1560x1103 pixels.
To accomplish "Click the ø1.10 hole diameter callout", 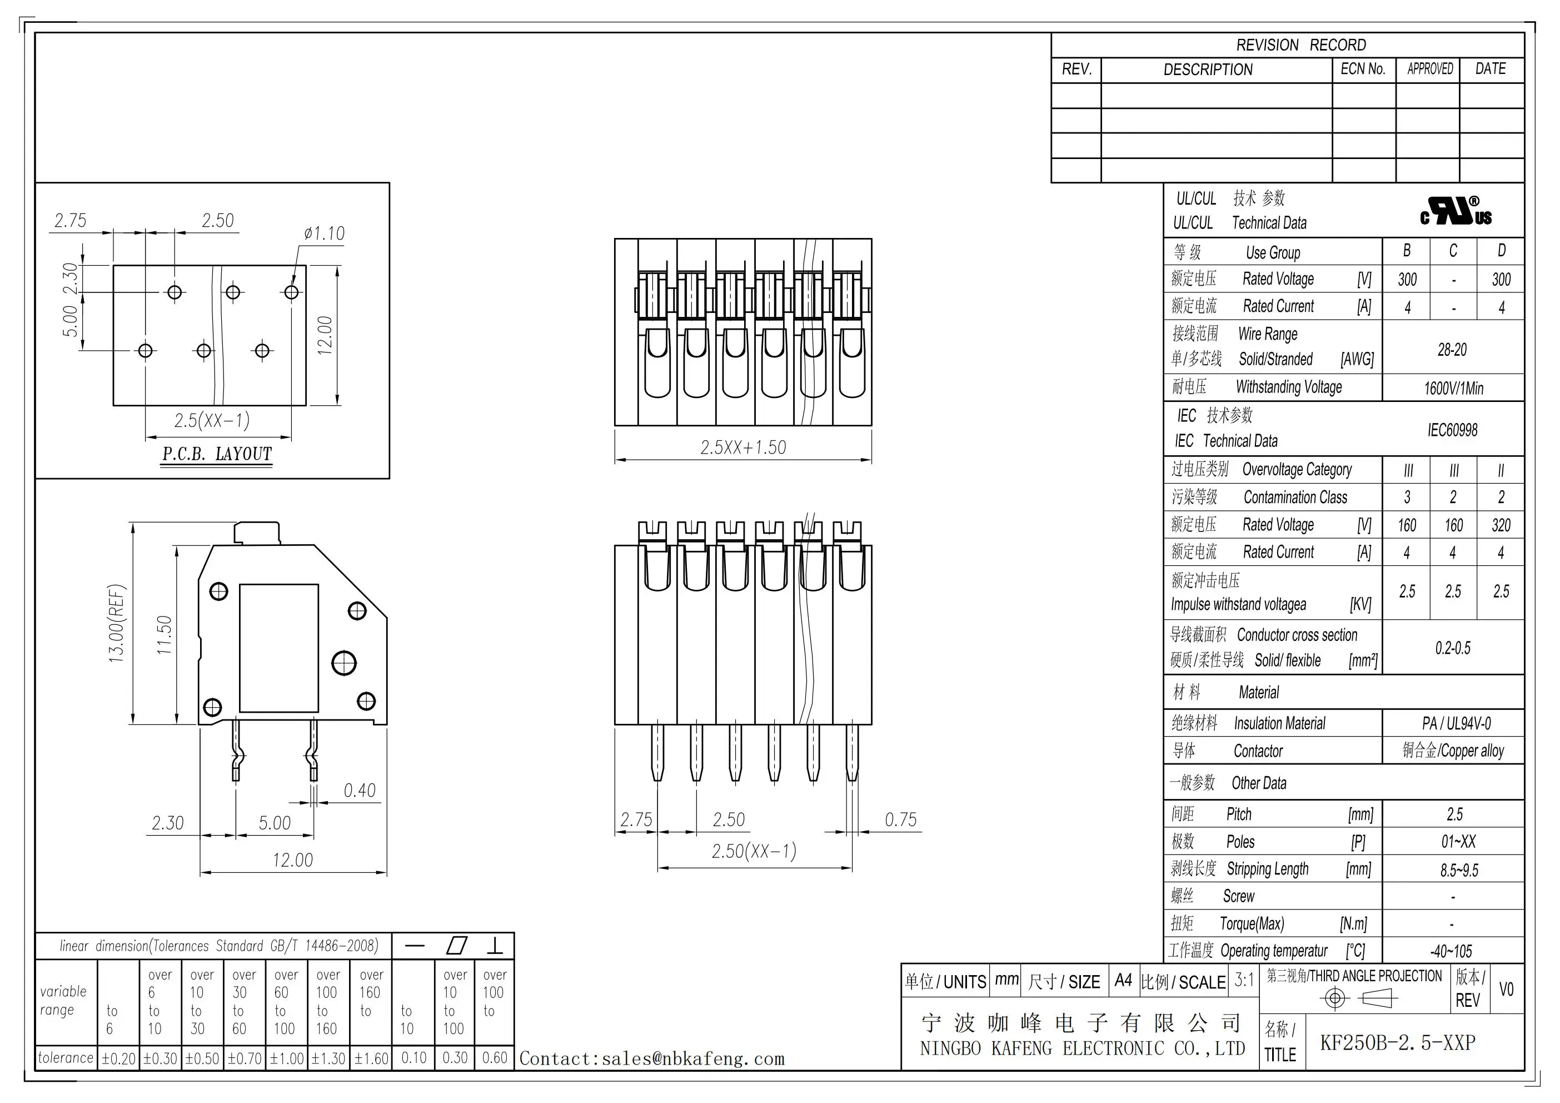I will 324,234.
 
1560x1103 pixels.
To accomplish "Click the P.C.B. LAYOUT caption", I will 217,454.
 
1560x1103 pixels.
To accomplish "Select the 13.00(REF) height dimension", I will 117,623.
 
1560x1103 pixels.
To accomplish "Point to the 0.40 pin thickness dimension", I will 360,791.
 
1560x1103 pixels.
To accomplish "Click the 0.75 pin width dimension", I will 900,819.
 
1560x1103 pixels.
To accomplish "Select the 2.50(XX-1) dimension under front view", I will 754,851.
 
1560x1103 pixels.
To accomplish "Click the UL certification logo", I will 1456,211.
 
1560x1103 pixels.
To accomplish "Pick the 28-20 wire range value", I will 1452,350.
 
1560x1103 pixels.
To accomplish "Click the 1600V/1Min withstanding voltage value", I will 1453,389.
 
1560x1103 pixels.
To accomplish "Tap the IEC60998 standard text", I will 1452,430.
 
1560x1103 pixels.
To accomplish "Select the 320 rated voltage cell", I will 1501,525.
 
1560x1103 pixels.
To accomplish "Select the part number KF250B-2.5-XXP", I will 1398,1042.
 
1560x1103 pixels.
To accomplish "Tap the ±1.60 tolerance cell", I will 371,1058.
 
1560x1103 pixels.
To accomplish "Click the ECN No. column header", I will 1363,69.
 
